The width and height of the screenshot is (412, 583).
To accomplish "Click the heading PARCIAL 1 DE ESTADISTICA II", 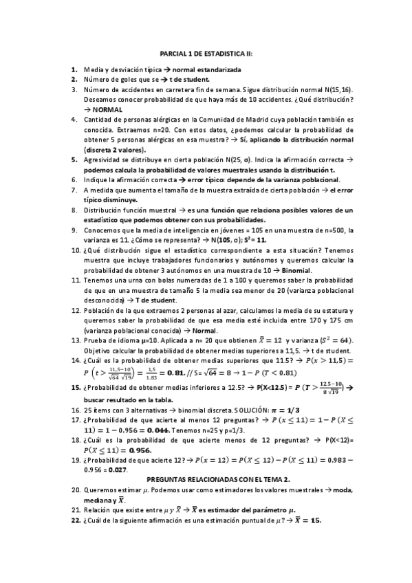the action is point(206,52).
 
